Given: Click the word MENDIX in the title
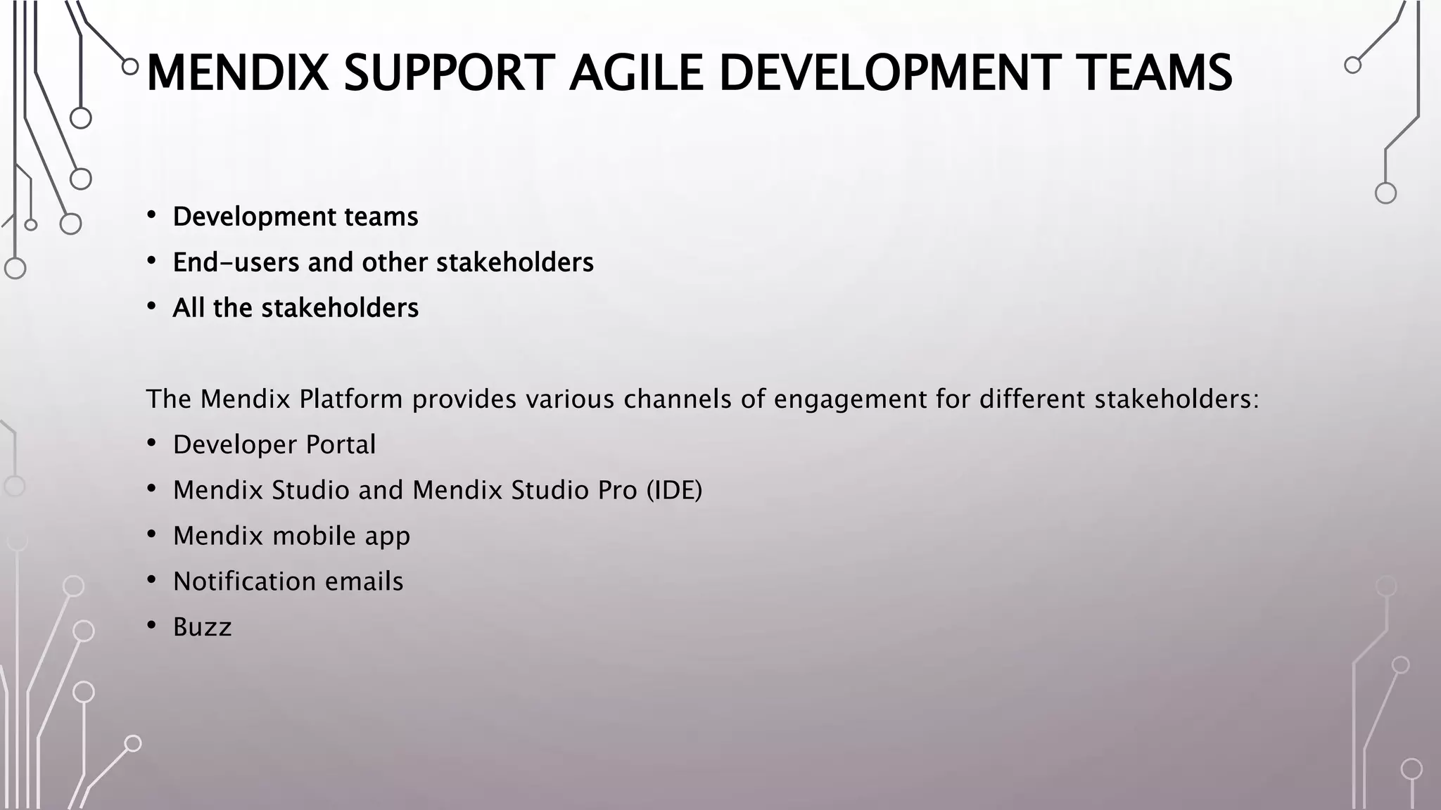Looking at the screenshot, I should tap(237, 73).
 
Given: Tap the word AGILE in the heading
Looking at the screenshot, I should tap(635, 73).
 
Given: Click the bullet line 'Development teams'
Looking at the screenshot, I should tap(295, 217).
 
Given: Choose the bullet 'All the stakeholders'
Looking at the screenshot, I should tap(295, 308).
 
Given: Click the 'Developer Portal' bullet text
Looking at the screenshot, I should tap(274, 444).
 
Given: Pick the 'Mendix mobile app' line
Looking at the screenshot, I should tap(291, 536).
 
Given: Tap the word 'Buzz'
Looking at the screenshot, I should tap(202, 627).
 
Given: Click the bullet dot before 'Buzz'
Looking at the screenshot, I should tap(151, 625).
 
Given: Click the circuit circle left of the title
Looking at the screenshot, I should tap(130, 67).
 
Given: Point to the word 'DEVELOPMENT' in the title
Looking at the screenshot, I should tap(890, 73).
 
